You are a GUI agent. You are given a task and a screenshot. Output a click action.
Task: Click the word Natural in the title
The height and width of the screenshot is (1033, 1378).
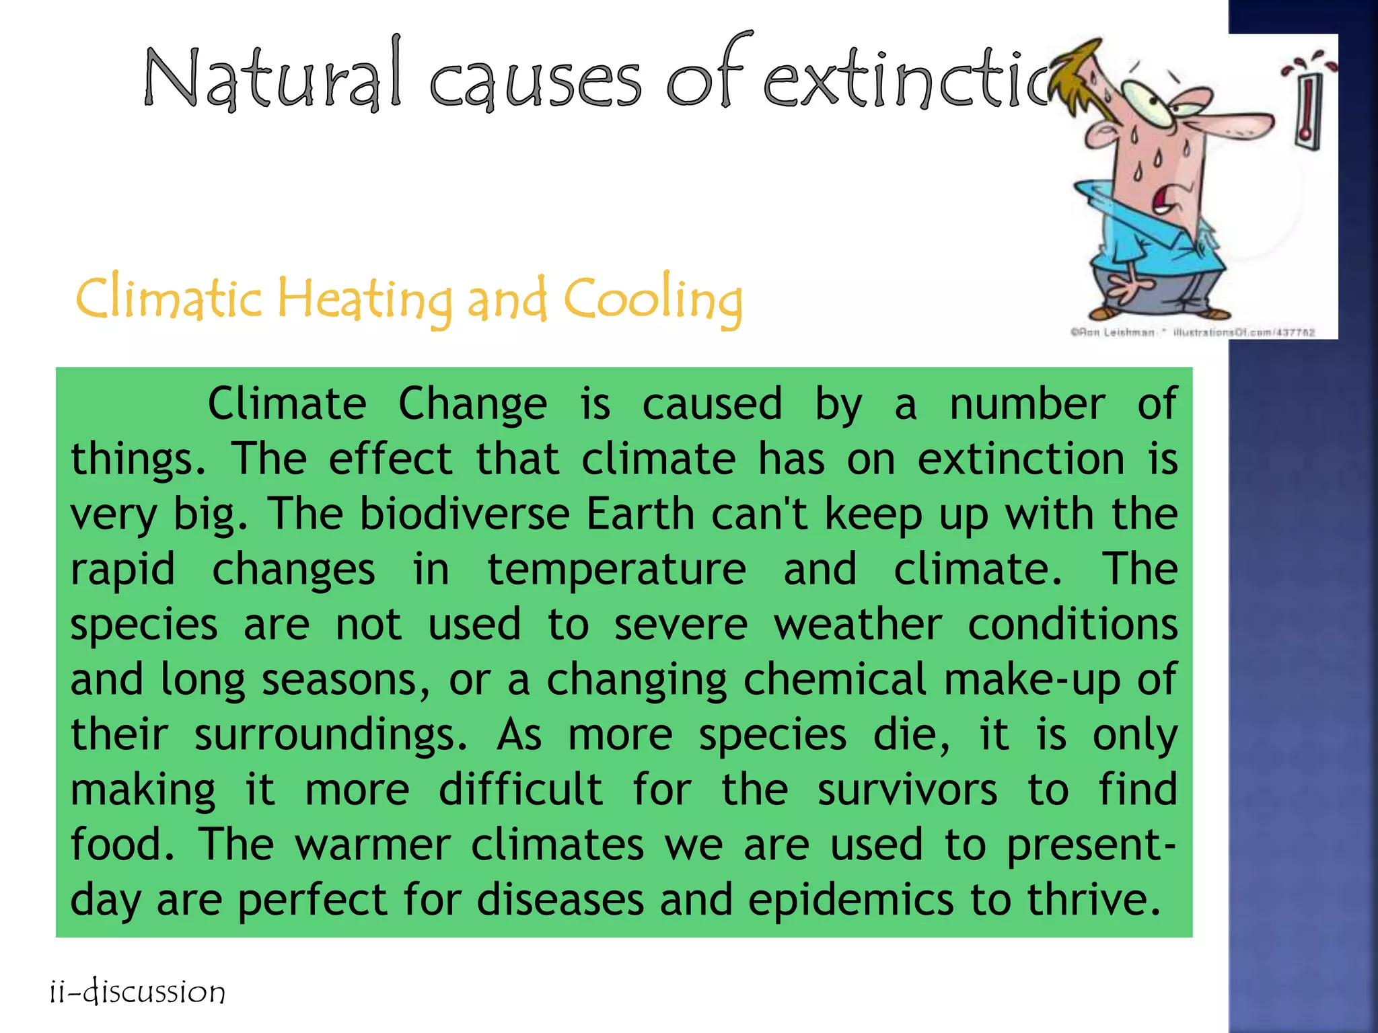(x=273, y=79)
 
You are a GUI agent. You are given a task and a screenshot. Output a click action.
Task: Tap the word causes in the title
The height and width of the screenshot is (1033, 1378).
(x=535, y=84)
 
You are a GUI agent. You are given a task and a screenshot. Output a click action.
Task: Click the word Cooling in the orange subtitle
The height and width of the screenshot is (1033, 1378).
(x=653, y=299)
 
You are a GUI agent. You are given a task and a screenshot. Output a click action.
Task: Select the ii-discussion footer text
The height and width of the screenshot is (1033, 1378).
(x=138, y=993)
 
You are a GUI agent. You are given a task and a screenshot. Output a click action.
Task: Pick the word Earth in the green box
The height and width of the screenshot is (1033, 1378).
(x=640, y=514)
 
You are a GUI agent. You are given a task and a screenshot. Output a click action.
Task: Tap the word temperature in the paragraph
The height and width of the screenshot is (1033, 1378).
(x=616, y=570)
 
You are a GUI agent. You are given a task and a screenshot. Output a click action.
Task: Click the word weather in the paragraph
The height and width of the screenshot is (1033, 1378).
(x=858, y=625)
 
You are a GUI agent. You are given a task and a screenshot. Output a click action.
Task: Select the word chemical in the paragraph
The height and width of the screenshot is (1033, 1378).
(x=835, y=680)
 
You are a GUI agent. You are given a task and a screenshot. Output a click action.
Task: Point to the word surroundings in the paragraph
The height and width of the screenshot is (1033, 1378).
(x=330, y=735)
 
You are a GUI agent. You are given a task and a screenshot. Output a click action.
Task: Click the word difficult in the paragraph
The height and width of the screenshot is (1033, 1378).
(x=520, y=790)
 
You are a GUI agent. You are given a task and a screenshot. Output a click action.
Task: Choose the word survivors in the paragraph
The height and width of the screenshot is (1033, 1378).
(x=907, y=790)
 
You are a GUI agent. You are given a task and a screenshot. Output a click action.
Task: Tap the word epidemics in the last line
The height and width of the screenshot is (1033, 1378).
(x=850, y=901)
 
